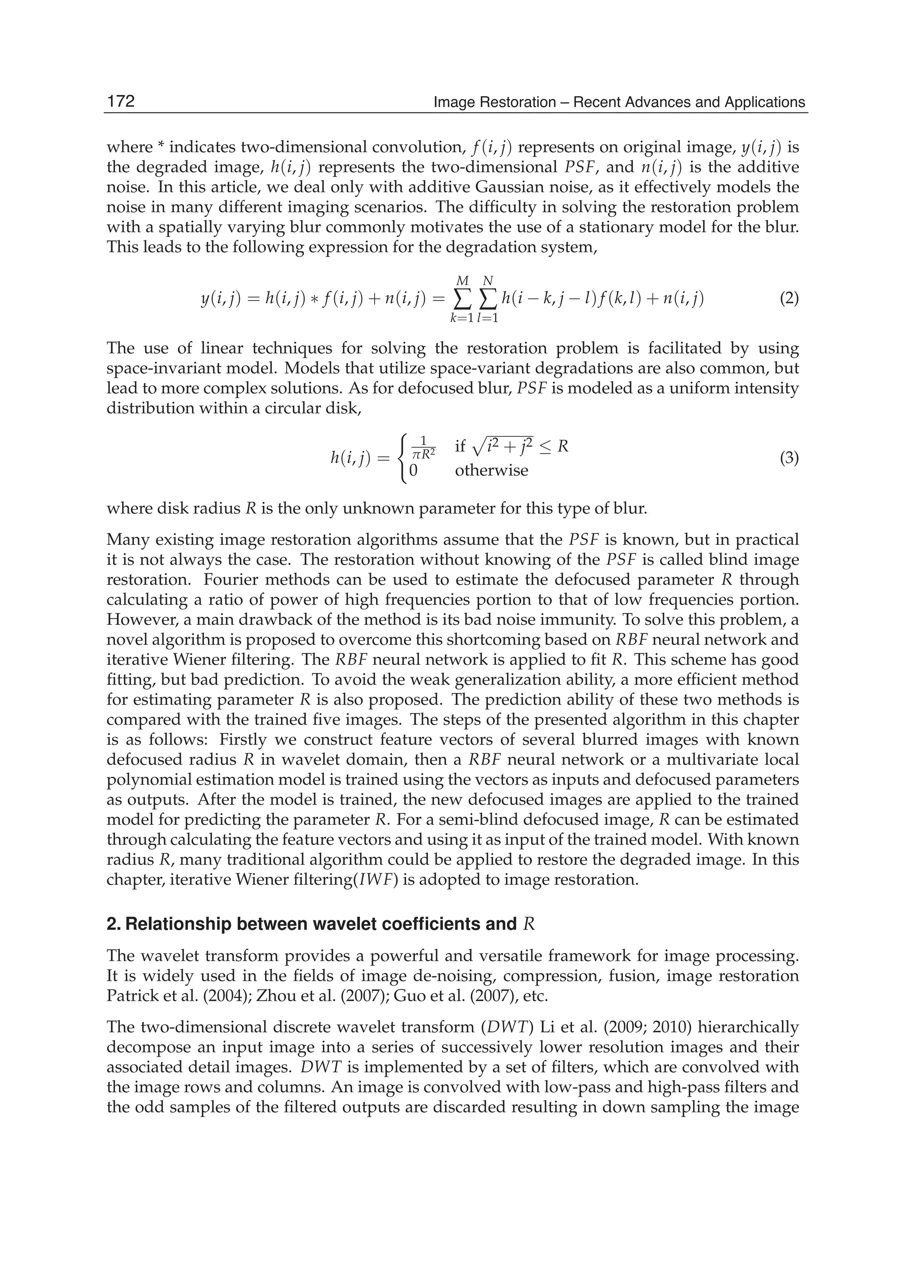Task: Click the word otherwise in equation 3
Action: [x=491, y=470]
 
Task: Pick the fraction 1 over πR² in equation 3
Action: [x=422, y=447]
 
